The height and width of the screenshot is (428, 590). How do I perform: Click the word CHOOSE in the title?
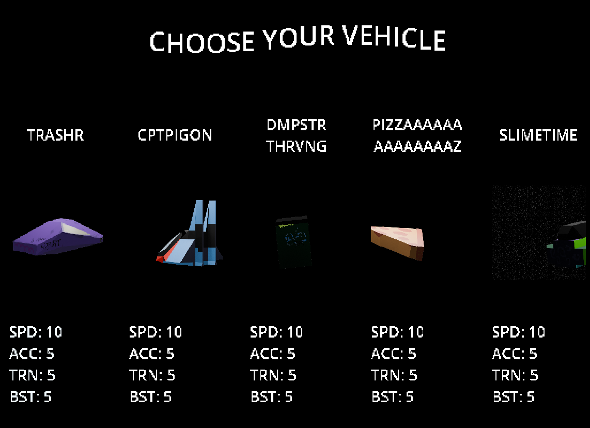pyautogui.click(x=201, y=41)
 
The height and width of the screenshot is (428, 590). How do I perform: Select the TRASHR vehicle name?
pyautogui.click(x=55, y=135)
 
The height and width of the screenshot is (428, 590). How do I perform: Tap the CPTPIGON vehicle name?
pyautogui.click(x=175, y=135)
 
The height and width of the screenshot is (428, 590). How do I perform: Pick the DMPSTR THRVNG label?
pyautogui.click(x=296, y=135)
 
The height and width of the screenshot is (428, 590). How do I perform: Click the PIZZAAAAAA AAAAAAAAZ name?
pyautogui.click(x=417, y=135)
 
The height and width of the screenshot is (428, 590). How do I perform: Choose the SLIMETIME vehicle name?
pyautogui.click(x=538, y=135)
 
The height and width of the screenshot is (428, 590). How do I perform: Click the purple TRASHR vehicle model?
pyautogui.click(x=57, y=237)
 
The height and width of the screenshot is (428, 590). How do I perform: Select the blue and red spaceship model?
pyautogui.click(x=190, y=234)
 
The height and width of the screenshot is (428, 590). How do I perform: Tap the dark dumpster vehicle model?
pyautogui.click(x=293, y=242)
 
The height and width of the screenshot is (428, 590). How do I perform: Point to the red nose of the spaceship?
pyautogui.click(x=161, y=258)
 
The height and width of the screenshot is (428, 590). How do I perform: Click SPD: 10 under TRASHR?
pyautogui.click(x=36, y=332)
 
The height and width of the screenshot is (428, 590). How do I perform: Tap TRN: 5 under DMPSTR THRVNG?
pyautogui.click(x=273, y=375)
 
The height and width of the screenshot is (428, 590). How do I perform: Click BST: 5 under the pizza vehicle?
pyautogui.click(x=393, y=397)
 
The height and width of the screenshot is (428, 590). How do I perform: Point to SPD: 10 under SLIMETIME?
pyautogui.click(x=519, y=332)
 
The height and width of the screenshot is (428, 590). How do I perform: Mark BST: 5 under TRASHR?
pyautogui.click(x=30, y=397)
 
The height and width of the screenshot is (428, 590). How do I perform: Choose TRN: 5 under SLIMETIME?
pyautogui.click(x=515, y=375)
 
